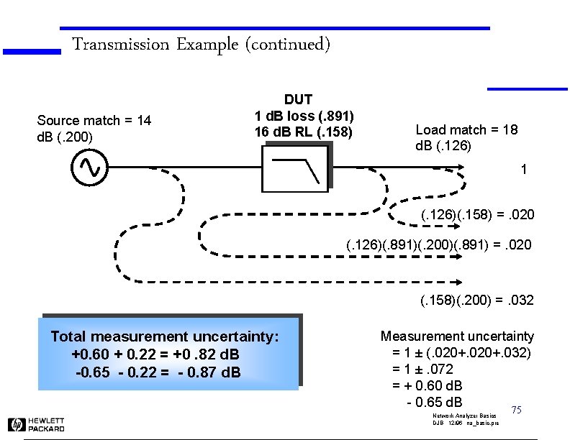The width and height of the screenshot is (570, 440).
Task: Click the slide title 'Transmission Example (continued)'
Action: tap(201, 45)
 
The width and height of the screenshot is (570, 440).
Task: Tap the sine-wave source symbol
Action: tap(90, 168)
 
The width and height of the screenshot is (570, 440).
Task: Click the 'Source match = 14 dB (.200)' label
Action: tap(94, 128)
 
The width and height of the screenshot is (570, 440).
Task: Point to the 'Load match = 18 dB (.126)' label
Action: tap(466, 137)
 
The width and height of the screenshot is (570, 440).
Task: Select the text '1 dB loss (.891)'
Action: tap(304, 116)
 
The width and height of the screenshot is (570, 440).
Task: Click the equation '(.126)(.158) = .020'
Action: tap(477, 216)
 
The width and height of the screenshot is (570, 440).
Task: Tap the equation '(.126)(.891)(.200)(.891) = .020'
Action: tap(439, 245)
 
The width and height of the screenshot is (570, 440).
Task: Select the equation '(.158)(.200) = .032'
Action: tap(477, 300)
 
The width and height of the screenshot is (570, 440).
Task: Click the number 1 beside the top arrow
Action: tap(524, 170)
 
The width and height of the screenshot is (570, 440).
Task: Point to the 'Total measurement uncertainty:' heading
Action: tap(164, 336)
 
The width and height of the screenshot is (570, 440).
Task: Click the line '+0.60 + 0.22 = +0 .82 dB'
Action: tap(155, 355)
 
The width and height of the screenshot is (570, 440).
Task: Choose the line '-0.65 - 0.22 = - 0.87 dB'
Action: tap(158, 372)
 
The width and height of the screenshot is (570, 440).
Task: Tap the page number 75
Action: tap(515, 410)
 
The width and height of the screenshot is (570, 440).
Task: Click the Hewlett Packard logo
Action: tap(37, 424)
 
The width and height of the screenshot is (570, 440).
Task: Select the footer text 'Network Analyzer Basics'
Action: tap(460, 416)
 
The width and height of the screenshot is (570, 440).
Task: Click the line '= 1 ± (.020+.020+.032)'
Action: tap(461, 352)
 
